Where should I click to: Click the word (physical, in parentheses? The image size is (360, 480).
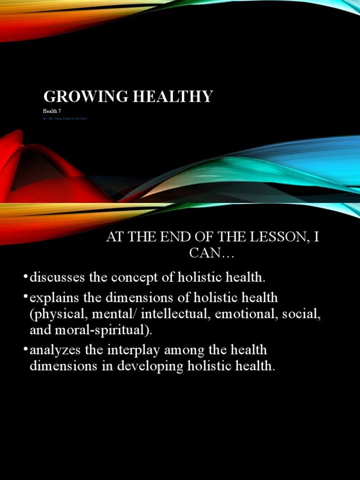coord(54,314)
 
